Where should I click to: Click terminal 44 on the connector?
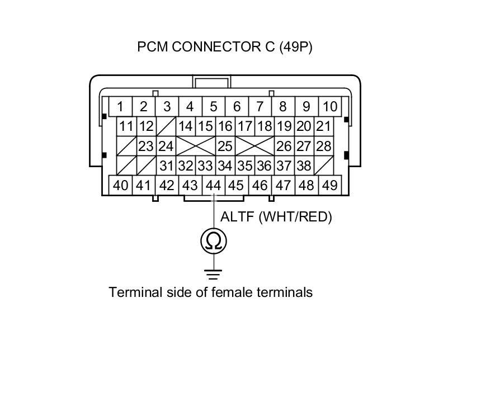[x=213, y=185]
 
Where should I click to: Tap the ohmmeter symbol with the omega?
[x=214, y=241]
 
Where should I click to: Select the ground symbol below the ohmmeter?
[x=214, y=274]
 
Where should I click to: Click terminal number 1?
[x=120, y=106]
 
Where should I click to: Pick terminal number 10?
[x=330, y=106]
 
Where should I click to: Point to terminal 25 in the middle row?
[x=225, y=147]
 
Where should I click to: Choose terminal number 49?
[x=329, y=185]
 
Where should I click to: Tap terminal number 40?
[x=120, y=185]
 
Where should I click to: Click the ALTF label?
[x=237, y=217]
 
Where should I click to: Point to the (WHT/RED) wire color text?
[x=295, y=217]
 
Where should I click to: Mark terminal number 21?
[x=323, y=126]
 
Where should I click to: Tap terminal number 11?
[x=126, y=126]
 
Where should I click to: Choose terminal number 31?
[x=166, y=166]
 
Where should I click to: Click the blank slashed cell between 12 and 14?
[x=166, y=126]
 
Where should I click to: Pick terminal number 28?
[x=323, y=147]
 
